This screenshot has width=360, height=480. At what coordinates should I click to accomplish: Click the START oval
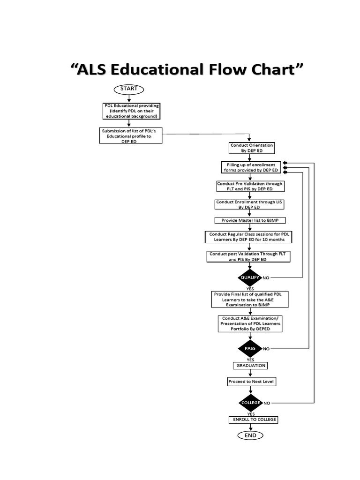129,89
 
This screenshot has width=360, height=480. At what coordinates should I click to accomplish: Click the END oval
250,435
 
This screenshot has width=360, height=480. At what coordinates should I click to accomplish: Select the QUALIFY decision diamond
250,277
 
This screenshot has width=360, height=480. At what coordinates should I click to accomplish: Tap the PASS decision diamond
250,349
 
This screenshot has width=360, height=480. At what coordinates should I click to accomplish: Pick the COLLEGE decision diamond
250,403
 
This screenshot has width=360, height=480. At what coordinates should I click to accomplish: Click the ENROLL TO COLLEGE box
252,420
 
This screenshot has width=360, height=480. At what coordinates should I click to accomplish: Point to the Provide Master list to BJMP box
250,220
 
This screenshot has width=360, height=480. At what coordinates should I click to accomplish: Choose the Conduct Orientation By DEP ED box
250,148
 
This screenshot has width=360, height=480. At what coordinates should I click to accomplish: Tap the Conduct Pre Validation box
250,186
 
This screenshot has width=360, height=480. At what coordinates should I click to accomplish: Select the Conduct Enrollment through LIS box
250,204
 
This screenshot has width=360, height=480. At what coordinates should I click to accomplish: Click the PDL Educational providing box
131,111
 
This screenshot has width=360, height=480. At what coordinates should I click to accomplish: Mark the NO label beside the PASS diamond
266,349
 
